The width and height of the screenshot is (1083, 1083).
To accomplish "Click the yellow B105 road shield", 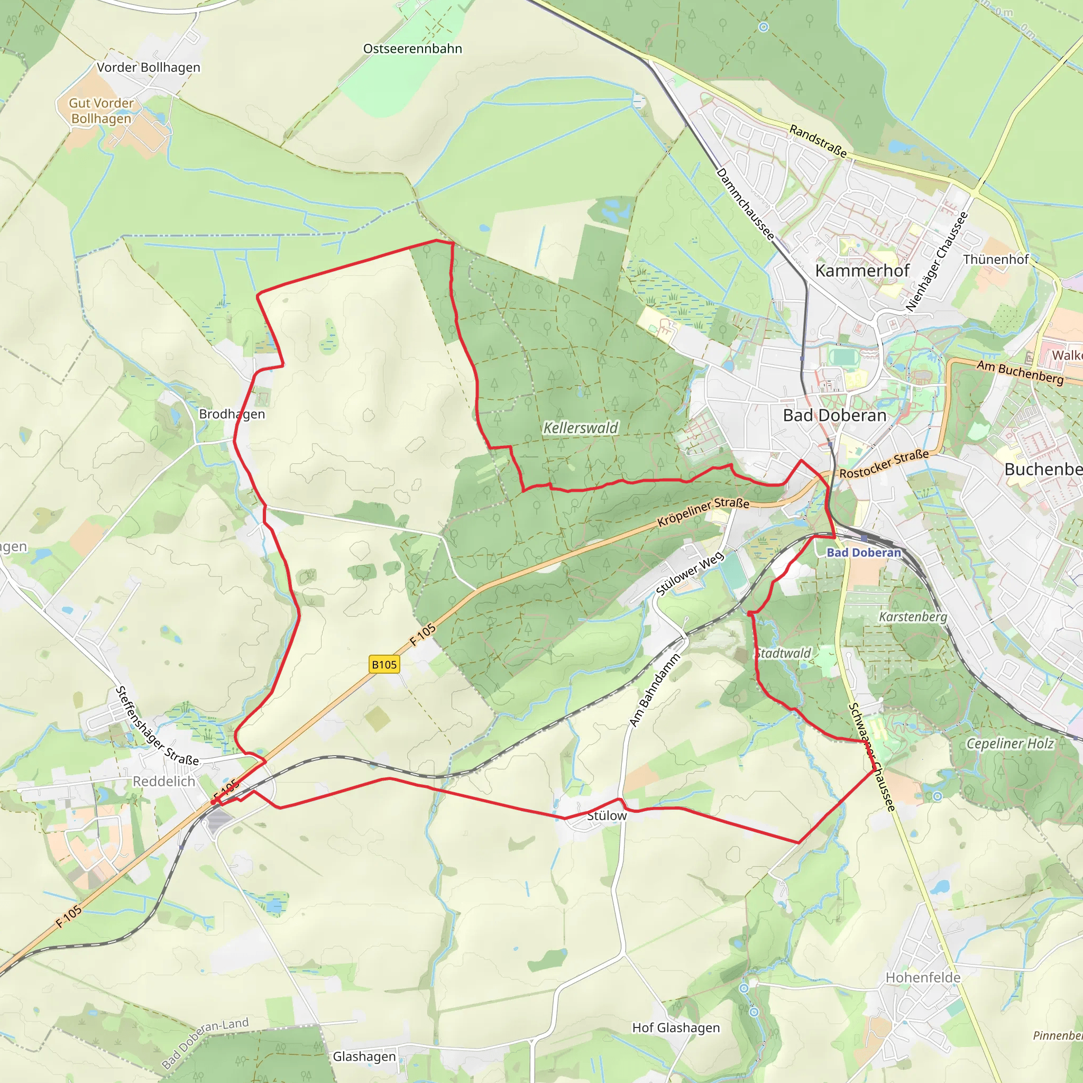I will [x=384, y=664].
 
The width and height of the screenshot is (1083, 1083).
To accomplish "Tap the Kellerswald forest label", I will [x=581, y=428].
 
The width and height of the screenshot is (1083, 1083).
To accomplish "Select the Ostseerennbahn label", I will [x=412, y=49].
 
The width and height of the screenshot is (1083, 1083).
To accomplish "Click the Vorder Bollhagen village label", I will [x=149, y=67].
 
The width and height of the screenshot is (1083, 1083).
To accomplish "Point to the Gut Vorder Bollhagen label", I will [x=102, y=111].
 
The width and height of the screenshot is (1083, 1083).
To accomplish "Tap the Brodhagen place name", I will [x=232, y=414].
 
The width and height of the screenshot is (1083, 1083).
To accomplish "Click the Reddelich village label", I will [x=164, y=781].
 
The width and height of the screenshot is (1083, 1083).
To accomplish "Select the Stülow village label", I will [x=607, y=815].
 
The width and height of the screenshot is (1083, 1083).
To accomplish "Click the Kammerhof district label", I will [x=862, y=270].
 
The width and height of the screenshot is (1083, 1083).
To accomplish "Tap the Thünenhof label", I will [x=996, y=259].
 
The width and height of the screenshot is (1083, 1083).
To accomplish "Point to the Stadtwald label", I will [x=783, y=653].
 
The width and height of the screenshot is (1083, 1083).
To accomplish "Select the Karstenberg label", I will [x=913, y=617].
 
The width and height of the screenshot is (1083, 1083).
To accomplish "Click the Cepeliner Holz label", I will [x=1010, y=744].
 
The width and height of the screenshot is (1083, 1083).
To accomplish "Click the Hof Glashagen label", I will [x=676, y=1027].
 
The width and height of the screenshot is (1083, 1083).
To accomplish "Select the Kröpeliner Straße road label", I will [x=703, y=511].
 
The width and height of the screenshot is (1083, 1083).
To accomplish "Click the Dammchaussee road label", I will [x=746, y=204].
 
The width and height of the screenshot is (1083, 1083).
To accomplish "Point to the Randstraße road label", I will [x=818, y=141].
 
